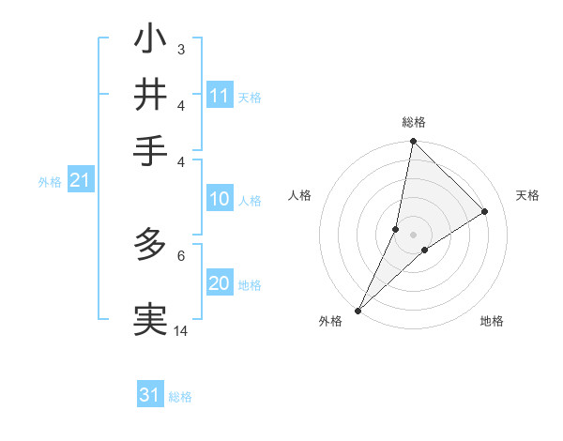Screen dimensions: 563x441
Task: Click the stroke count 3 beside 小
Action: point(180,49)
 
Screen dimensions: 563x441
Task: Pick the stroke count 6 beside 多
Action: point(181,254)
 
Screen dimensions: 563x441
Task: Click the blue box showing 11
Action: point(220,96)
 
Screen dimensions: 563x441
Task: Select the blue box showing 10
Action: point(220,199)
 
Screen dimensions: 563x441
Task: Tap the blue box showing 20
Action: point(220,283)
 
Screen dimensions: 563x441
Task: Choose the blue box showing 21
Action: point(80,180)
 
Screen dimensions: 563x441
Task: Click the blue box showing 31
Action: point(150,395)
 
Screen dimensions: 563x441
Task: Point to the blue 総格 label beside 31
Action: point(180,397)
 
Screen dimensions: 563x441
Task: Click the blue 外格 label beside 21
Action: point(49,182)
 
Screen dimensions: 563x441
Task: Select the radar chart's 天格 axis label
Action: point(527,195)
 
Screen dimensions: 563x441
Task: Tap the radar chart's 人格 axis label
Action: point(300,195)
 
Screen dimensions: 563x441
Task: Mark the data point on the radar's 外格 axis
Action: point(358,310)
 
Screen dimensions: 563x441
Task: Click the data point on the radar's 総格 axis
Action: point(413,142)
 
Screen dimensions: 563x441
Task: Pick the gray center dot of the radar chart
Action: point(413,234)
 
